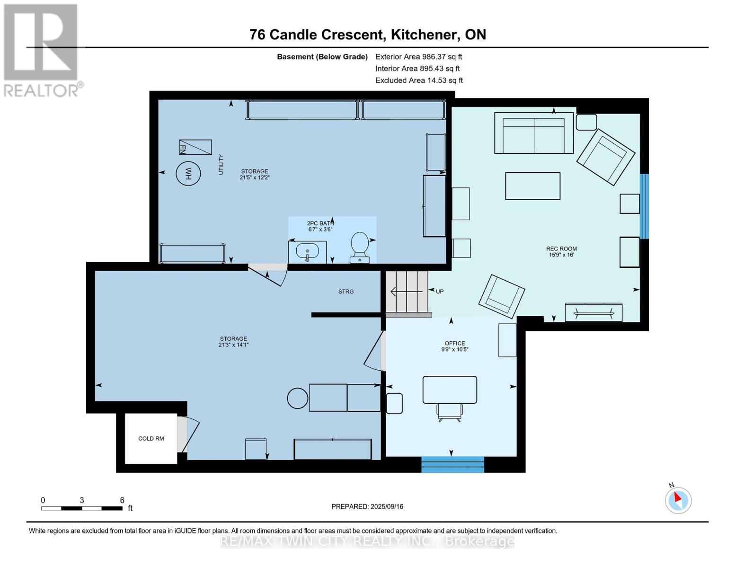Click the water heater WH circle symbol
click(x=188, y=174)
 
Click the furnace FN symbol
click(x=195, y=147)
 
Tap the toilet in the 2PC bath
click(x=360, y=246)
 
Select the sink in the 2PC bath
click(x=307, y=251)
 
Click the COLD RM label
click(x=151, y=439)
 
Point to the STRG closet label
click(x=346, y=292)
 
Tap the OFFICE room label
click(x=454, y=344)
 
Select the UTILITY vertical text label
click(x=221, y=165)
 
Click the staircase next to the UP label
click(x=407, y=292)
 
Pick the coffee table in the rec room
click(x=532, y=186)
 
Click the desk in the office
click(x=450, y=390)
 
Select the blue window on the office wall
click(x=452, y=464)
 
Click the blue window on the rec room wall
click(x=644, y=206)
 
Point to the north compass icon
click(x=678, y=500)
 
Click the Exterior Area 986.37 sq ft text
click(x=418, y=57)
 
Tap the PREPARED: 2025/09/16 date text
click(x=367, y=506)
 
